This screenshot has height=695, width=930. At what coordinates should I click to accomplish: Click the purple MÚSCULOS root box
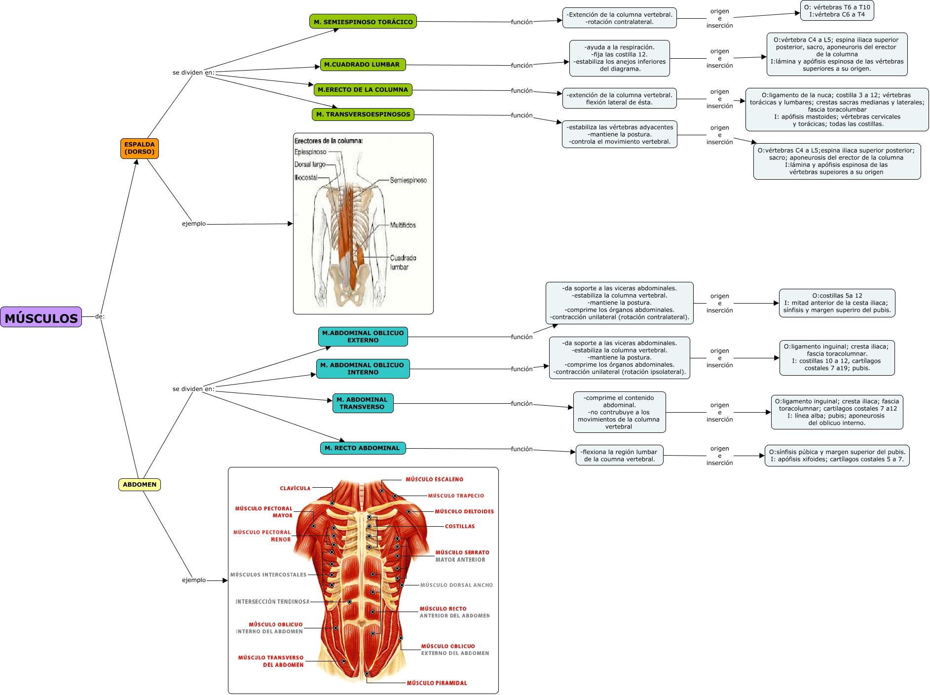coord(41,317)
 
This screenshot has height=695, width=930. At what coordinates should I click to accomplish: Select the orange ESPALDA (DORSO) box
coord(140,148)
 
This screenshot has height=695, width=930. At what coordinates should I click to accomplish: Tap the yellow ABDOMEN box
coord(140,484)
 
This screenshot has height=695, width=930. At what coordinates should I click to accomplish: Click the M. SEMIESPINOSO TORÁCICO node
coord(363,22)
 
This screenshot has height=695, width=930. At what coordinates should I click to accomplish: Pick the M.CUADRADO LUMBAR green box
coord(362,64)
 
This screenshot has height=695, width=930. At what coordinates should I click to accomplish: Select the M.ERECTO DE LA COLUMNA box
coord(363,90)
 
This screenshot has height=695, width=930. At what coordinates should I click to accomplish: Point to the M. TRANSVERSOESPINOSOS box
coord(363,115)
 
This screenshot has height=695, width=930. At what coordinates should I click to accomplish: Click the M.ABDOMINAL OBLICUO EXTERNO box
coord(363,337)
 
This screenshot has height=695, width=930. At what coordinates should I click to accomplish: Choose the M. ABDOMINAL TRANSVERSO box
coord(363,403)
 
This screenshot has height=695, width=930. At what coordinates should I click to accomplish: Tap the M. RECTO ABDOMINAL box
coord(363,448)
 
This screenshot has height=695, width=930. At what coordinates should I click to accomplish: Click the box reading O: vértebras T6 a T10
coord(837,10)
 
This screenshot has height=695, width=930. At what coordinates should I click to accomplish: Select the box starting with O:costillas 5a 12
coord(837,303)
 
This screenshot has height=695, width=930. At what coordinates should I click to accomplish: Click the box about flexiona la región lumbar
coord(619,456)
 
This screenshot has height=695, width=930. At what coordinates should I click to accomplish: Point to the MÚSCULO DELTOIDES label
coord(464,511)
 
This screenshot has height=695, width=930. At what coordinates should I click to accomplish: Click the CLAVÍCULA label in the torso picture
coord(295,488)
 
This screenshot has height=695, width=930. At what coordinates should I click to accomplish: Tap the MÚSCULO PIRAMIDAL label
coord(437,683)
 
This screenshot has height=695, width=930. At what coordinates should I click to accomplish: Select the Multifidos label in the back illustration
coord(403,225)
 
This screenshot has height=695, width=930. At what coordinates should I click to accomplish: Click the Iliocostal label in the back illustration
coord(306,177)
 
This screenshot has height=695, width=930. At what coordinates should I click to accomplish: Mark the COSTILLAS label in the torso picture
coord(459,526)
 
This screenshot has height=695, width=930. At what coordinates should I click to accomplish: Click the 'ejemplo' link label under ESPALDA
coord(194,224)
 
